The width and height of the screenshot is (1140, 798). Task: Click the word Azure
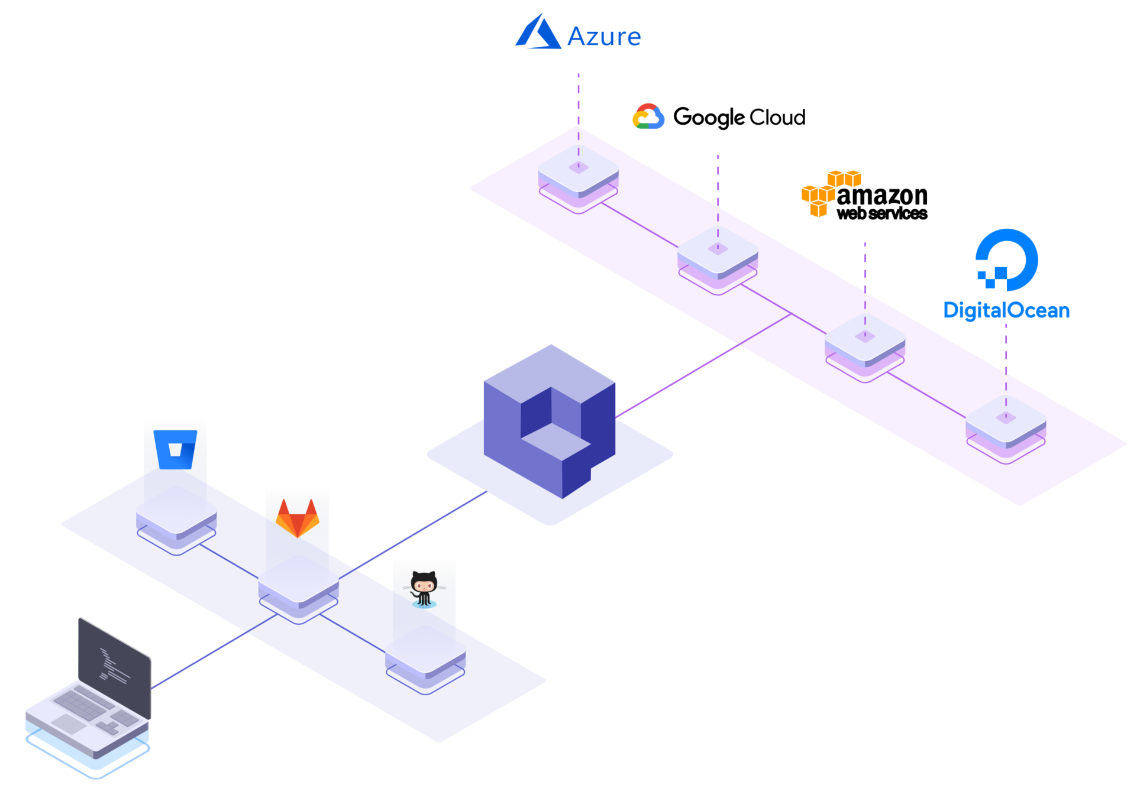pyautogui.click(x=604, y=37)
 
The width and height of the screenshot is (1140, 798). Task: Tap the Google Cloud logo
pyautogui.click(x=648, y=116)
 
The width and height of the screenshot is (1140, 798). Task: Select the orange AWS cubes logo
pyautogui.click(x=830, y=192)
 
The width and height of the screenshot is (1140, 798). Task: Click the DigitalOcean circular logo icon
pyautogui.click(x=1007, y=260)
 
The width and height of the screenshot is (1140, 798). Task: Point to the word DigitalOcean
pyautogui.click(x=1006, y=310)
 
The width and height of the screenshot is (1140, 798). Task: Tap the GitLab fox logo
pyautogui.click(x=297, y=518)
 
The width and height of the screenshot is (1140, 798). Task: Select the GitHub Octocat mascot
pyautogui.click(x=424, y=588)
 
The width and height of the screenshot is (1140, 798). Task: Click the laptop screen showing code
pyautogui.click(x=115, y=664)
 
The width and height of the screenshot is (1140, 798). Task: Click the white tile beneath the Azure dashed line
pyautogui.click(x=578, y=170)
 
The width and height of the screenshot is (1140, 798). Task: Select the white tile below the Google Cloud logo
pyautogui.click(x=718, y=251)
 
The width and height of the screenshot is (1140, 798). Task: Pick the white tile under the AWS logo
pyautogui.click(x=865, y=339)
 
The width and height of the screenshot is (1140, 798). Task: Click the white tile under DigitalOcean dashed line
pyautogui.click(x=1006, y=420)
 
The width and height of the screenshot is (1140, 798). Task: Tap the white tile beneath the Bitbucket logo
pyautogui.click(x=176, y=511)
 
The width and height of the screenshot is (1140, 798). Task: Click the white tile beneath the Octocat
pyautogui.click(x=425, y=650)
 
